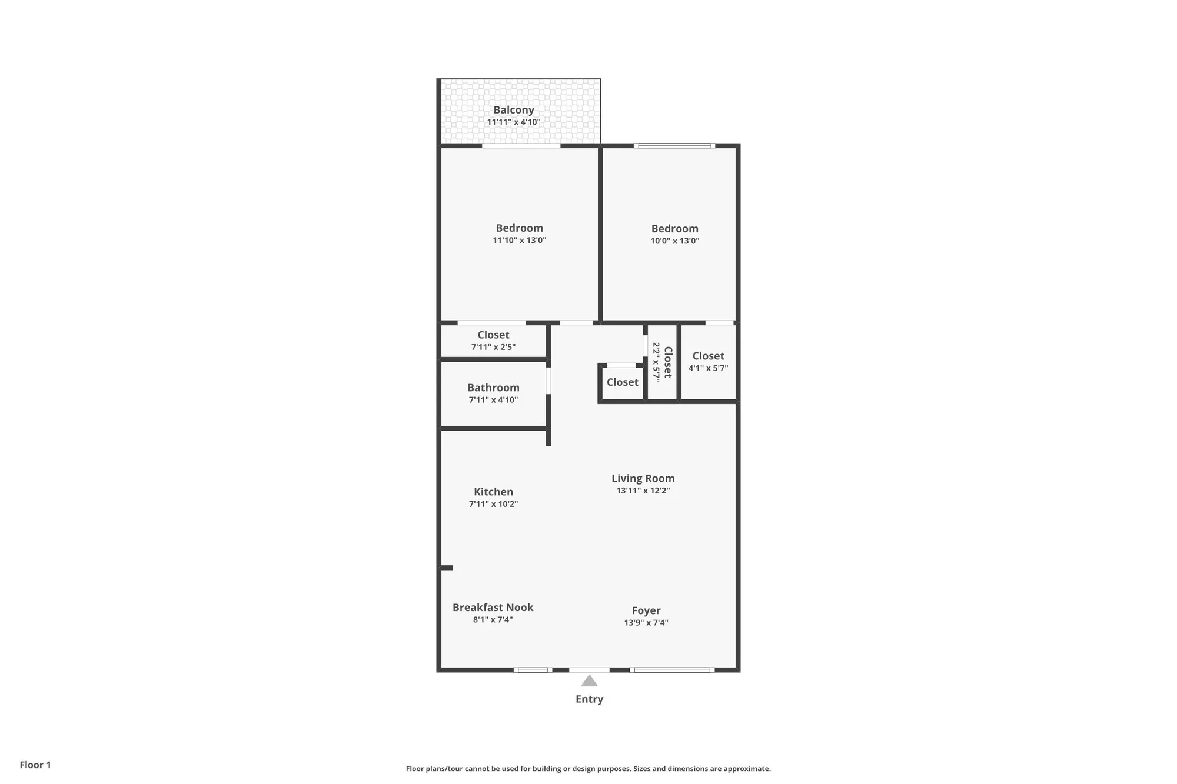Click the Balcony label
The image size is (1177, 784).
click(514, 110)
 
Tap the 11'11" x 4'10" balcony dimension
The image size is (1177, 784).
click(514, 122)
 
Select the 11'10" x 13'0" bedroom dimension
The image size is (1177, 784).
click(519, 241)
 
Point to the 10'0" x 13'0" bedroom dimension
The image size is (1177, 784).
click(674, 241)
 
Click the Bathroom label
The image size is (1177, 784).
click(493, 388)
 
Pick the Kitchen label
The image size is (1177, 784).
click(493, 492)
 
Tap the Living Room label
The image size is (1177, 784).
click(643, 479)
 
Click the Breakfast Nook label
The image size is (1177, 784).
click(493, 608)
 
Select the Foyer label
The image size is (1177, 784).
click(646, 610)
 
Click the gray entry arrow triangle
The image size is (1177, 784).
click(589, 681)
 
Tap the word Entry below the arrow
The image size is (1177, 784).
click(589, 699)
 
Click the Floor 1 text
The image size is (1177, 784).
click(35, 765)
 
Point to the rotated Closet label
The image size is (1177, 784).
click(668, 362)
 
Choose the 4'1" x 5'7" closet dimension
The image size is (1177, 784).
click(708, 368)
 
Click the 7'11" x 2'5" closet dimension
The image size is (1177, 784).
click(493, 347)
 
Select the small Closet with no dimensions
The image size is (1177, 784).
click(622, 382)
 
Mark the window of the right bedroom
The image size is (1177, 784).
click(674, 145)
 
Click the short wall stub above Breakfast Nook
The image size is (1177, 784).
click(447, 568)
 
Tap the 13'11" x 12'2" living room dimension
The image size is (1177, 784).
click(643, 491)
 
